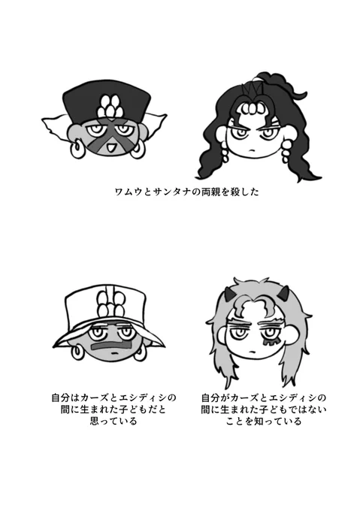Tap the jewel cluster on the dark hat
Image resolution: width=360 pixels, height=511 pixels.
coord(110,106)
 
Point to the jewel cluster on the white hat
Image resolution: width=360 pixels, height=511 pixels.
coord(110,302)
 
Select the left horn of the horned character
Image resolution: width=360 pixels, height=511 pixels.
coord(230,294)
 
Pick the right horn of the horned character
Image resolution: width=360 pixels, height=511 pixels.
coord(285,292)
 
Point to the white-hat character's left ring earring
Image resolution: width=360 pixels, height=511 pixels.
coord(78,353)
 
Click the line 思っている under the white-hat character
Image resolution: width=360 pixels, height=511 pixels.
coord(113,421)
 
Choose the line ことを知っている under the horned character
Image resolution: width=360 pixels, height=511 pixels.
coord(264,421)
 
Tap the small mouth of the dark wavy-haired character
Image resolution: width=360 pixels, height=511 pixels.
coord(251,150)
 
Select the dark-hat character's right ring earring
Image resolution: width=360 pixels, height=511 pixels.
coord(137,149)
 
